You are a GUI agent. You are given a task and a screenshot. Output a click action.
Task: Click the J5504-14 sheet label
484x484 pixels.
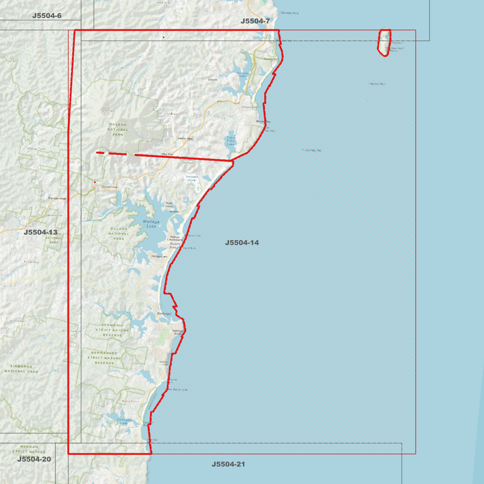pos(242,243)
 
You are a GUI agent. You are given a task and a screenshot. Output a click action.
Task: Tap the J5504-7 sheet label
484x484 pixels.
pos(255,21)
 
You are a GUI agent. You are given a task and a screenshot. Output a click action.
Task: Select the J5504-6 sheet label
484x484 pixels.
pos(47,16)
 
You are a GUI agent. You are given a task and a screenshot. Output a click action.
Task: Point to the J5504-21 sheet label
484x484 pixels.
pos(228,464)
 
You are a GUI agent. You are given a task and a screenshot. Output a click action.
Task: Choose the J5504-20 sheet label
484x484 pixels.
pos(34,459)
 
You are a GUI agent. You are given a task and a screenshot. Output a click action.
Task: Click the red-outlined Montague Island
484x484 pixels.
pos(384,43)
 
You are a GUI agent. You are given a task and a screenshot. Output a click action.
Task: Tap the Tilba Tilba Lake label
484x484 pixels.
pos(231,141)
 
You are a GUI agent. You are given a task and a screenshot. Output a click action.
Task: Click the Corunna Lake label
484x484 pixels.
pos(243,74)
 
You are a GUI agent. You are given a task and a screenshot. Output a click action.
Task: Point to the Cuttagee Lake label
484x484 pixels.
pos(124,421)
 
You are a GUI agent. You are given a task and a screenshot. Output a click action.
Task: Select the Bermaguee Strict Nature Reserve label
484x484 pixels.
pos(104,358)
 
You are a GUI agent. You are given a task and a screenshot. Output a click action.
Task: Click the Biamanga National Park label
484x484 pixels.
pos(21,369)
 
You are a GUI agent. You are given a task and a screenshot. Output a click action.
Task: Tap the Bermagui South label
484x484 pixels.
pos(177,332)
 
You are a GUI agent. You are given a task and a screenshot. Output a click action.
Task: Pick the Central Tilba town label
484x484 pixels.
pos(185,139)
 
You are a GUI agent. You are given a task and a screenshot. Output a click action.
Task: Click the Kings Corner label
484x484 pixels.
pos(169,205)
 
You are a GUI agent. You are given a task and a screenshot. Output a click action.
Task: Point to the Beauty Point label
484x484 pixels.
pos(175,246)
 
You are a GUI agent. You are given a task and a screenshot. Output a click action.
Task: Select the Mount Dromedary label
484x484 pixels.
pos(108,110)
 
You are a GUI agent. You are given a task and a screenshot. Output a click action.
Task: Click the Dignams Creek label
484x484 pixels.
pos(57,198)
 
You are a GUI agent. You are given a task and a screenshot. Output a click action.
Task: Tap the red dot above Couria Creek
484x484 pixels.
pos(95,182)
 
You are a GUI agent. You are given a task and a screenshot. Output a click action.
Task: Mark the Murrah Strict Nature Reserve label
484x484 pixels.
pos(29,451)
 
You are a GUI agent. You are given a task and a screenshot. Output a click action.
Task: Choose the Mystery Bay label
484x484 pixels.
pos(263,122)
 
